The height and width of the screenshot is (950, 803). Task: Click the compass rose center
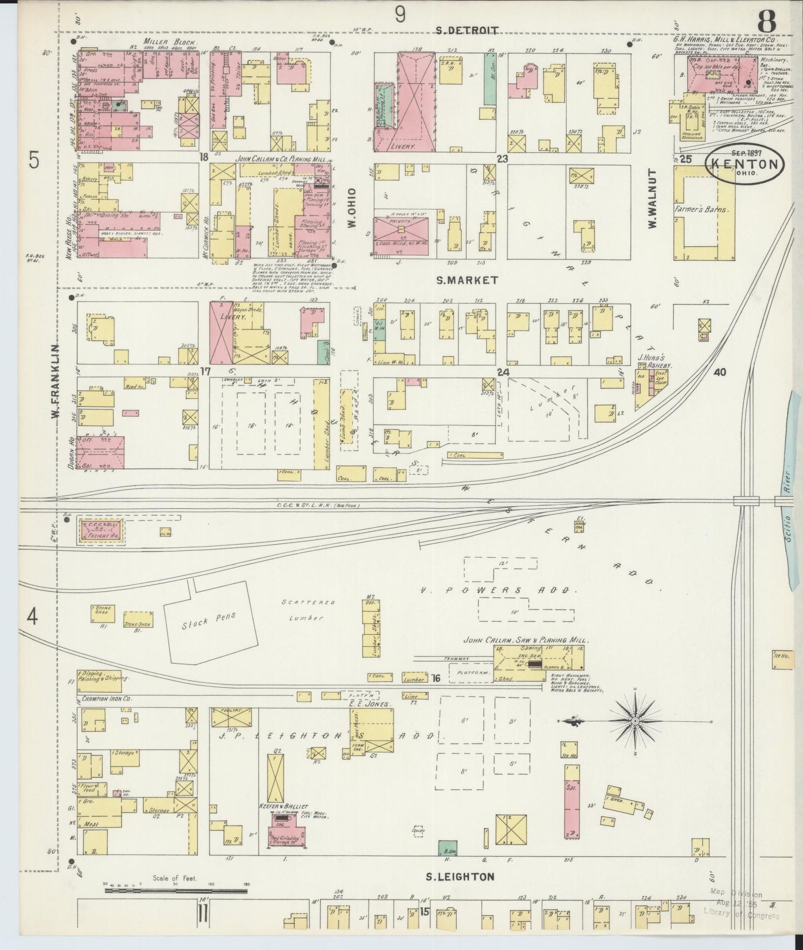[x=635, y=721]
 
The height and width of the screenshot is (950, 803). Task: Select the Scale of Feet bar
[x=176, y=891]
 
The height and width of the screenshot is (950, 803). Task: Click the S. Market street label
[x=467, y=281]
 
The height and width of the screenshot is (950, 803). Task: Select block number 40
[x=720, y=372]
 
